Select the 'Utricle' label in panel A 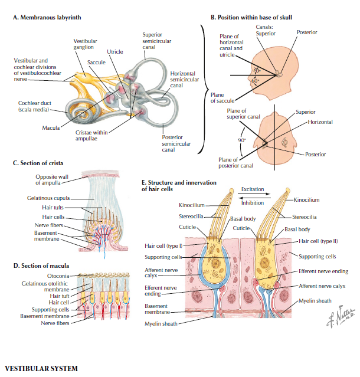[115, 52]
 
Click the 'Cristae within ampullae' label [90, 135]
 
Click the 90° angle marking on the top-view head [241, 140]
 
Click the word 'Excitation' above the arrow [253, 189]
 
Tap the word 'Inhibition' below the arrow [253, 202]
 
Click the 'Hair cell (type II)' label [319, 241]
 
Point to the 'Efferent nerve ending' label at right [322, 271]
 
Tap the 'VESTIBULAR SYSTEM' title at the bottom [41, 369]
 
